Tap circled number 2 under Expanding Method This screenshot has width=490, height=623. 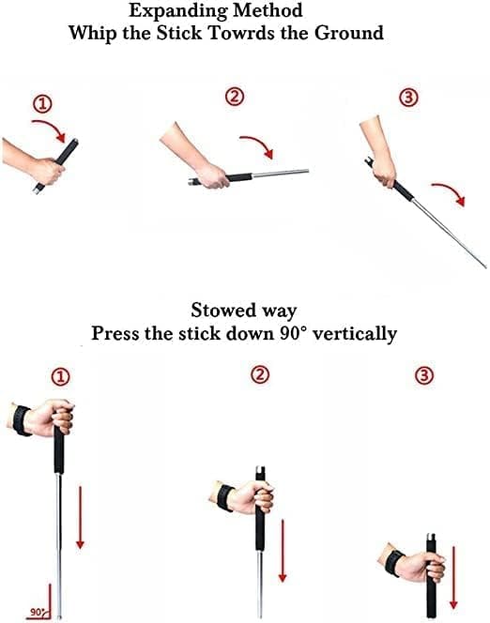(x=235, y=96)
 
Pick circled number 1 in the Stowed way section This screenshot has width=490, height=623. (x=61, y=377)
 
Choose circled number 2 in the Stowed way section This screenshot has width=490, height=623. (x=260, y=375)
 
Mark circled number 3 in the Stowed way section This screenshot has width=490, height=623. (x=424, y=375)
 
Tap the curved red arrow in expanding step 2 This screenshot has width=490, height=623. (x=259, y=146)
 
